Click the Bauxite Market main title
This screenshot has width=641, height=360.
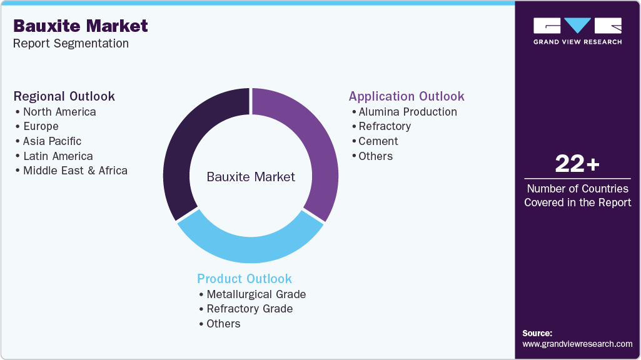pos(81,26)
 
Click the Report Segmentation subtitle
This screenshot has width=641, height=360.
pos(71,43)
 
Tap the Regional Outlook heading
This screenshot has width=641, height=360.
pos(64,96)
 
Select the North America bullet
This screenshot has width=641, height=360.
pos(59,112)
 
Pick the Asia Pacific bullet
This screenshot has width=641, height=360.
pos(52,141)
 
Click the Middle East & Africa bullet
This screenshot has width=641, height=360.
pos(75,171)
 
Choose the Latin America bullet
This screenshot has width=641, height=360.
pos(58,156)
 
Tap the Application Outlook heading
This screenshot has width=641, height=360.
pos(406,96)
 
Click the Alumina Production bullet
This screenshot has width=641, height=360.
pos(407,112)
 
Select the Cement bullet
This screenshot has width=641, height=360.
pos(378,141)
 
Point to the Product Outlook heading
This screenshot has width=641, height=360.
pos(245,279)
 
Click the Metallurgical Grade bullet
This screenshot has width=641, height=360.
pos(256,294)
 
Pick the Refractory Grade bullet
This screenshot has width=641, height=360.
pos(250,309)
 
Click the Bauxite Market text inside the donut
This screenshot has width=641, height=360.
pos(251,177)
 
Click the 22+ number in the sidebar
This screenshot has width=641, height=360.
pos(577,164)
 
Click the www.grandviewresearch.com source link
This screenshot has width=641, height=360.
pos(577,344)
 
